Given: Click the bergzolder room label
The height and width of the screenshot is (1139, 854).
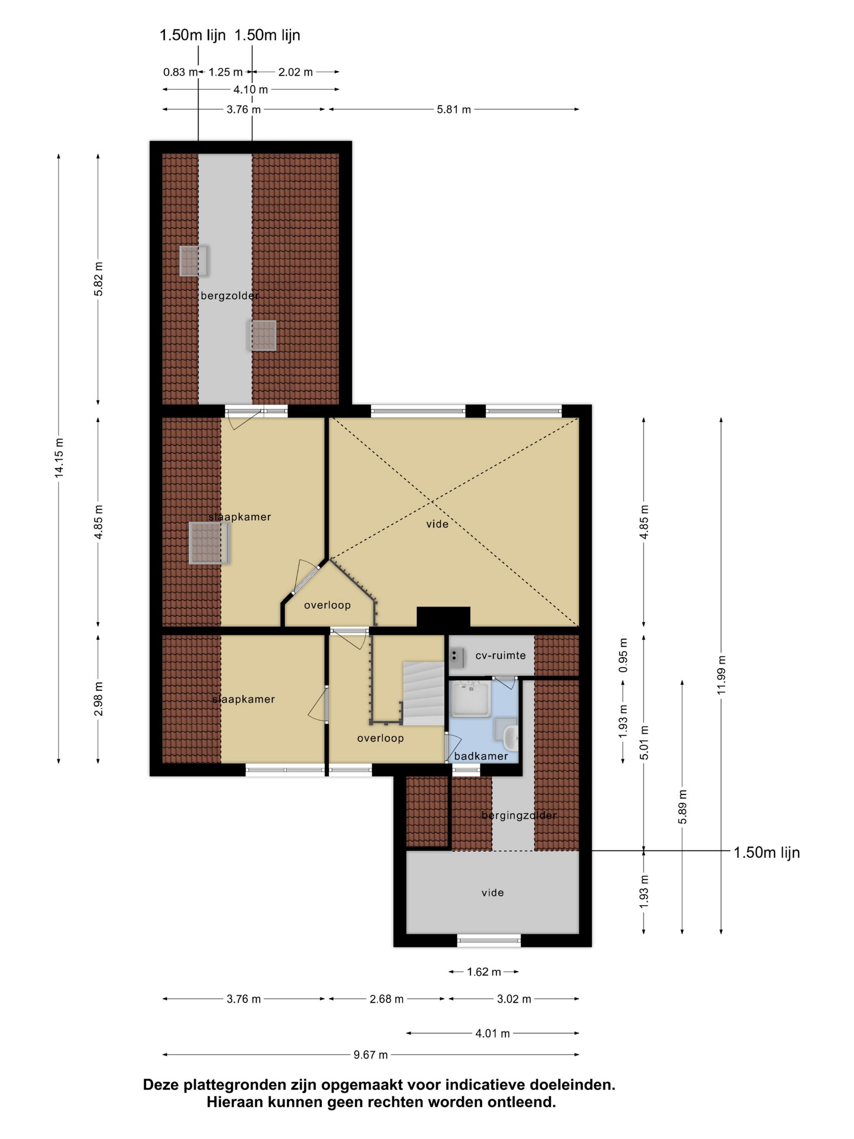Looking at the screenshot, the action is click(230, 296).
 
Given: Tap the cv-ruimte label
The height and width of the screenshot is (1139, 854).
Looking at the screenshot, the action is click(500, 655).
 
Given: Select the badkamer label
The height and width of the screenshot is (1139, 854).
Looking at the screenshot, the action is click(481, 756).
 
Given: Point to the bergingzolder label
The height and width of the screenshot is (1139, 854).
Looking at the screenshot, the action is click(519, 816).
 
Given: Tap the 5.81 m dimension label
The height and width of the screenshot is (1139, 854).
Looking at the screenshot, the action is click(454, 109).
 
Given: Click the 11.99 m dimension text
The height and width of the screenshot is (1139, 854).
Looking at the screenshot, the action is click(721, 674).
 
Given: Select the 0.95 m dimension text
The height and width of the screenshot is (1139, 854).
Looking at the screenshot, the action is click(623, 655).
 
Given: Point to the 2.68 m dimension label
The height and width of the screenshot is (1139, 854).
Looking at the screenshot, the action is click(387, 999).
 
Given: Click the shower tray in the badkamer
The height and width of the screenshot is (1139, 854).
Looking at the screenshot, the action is click(471, 699).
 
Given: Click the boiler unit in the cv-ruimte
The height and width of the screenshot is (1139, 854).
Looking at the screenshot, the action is click(457, 655).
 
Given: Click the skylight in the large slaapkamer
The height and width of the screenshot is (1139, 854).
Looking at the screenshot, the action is click(209, 543).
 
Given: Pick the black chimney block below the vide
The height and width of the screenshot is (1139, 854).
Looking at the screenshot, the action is click(443, 617).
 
